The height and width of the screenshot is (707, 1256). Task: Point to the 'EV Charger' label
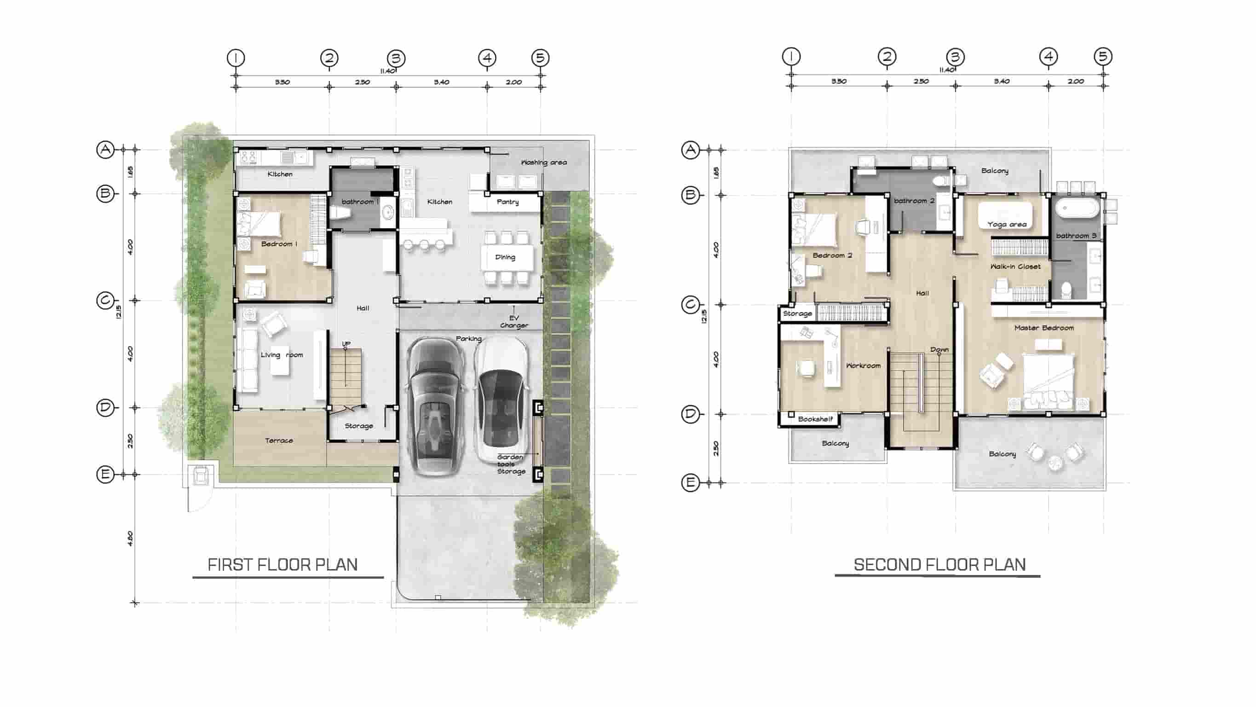coord(514,322)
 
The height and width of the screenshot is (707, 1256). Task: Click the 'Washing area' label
coord(544,162)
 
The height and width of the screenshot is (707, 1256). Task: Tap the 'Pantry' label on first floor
coord(507,202)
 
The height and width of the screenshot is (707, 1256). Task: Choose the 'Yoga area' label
coord(1007,225)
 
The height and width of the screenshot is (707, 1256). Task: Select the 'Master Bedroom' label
coord(1044,328)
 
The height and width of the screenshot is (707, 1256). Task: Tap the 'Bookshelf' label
coord(815,419)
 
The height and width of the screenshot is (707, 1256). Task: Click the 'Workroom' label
coord(863,365)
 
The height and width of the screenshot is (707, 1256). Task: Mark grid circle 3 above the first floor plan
coord(396,58)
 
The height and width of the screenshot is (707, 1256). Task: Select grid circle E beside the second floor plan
coord(691,483)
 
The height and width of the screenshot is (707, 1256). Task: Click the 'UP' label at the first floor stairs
coord(346,344)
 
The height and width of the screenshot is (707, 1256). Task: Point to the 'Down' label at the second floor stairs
coord(939,350)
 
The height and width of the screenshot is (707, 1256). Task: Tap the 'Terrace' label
coord(279,440)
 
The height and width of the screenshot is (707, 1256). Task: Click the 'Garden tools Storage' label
coord(511,464)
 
